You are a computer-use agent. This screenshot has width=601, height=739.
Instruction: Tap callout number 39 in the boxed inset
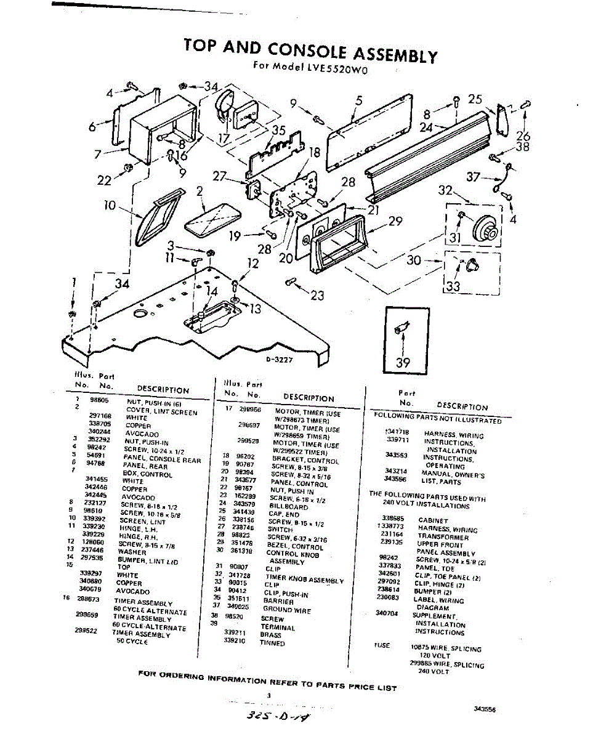click(403, 363)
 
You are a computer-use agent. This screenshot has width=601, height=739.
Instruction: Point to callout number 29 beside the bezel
click(395, 221)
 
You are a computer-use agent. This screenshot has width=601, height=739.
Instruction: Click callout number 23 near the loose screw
click(317, 296)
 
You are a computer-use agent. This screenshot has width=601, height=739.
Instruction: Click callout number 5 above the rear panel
click(360, 101)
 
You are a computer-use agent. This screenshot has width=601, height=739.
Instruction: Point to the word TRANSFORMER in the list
click(443, 537)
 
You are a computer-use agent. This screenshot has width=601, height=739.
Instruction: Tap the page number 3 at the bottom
click(269, 695)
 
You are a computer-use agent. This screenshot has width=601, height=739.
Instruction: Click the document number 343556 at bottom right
click(485, 709)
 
